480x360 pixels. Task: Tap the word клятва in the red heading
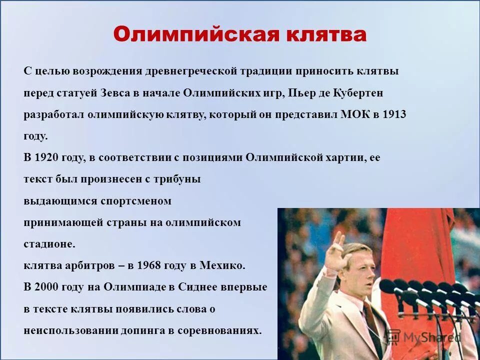[x=326, y=34]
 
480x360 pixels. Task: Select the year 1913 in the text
[x=394, y=114]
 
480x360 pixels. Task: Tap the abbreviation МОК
[x=354, y=114]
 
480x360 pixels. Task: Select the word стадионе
[x=49, y=244]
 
